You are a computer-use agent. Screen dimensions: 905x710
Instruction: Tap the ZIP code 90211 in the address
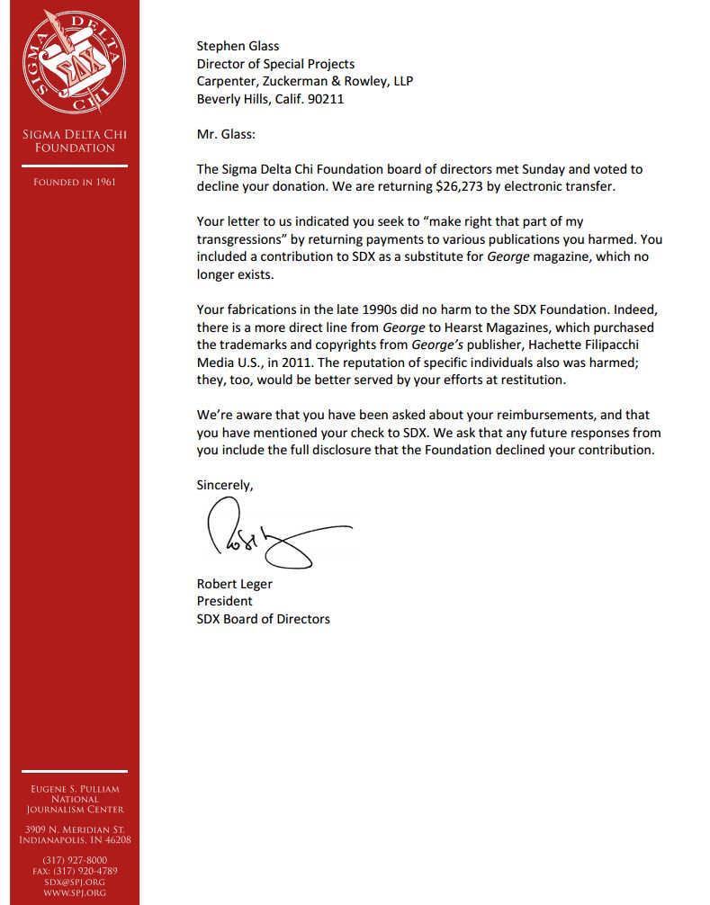click(326, 99)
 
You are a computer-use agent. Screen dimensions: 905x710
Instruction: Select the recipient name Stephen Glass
click(238, 46)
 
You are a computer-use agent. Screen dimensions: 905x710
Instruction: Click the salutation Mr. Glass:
click(226, 134)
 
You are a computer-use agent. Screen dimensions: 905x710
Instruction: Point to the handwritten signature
click(270, 538)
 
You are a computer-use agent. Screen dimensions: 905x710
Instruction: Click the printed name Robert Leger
click(234, 583)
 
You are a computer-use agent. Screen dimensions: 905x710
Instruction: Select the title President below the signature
click(224, 600)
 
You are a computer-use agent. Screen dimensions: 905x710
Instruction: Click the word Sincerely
click(225, 485)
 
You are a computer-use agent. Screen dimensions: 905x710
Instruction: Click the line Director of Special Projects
click(275, 64)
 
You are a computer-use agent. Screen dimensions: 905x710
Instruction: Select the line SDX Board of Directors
click(263, 618)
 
